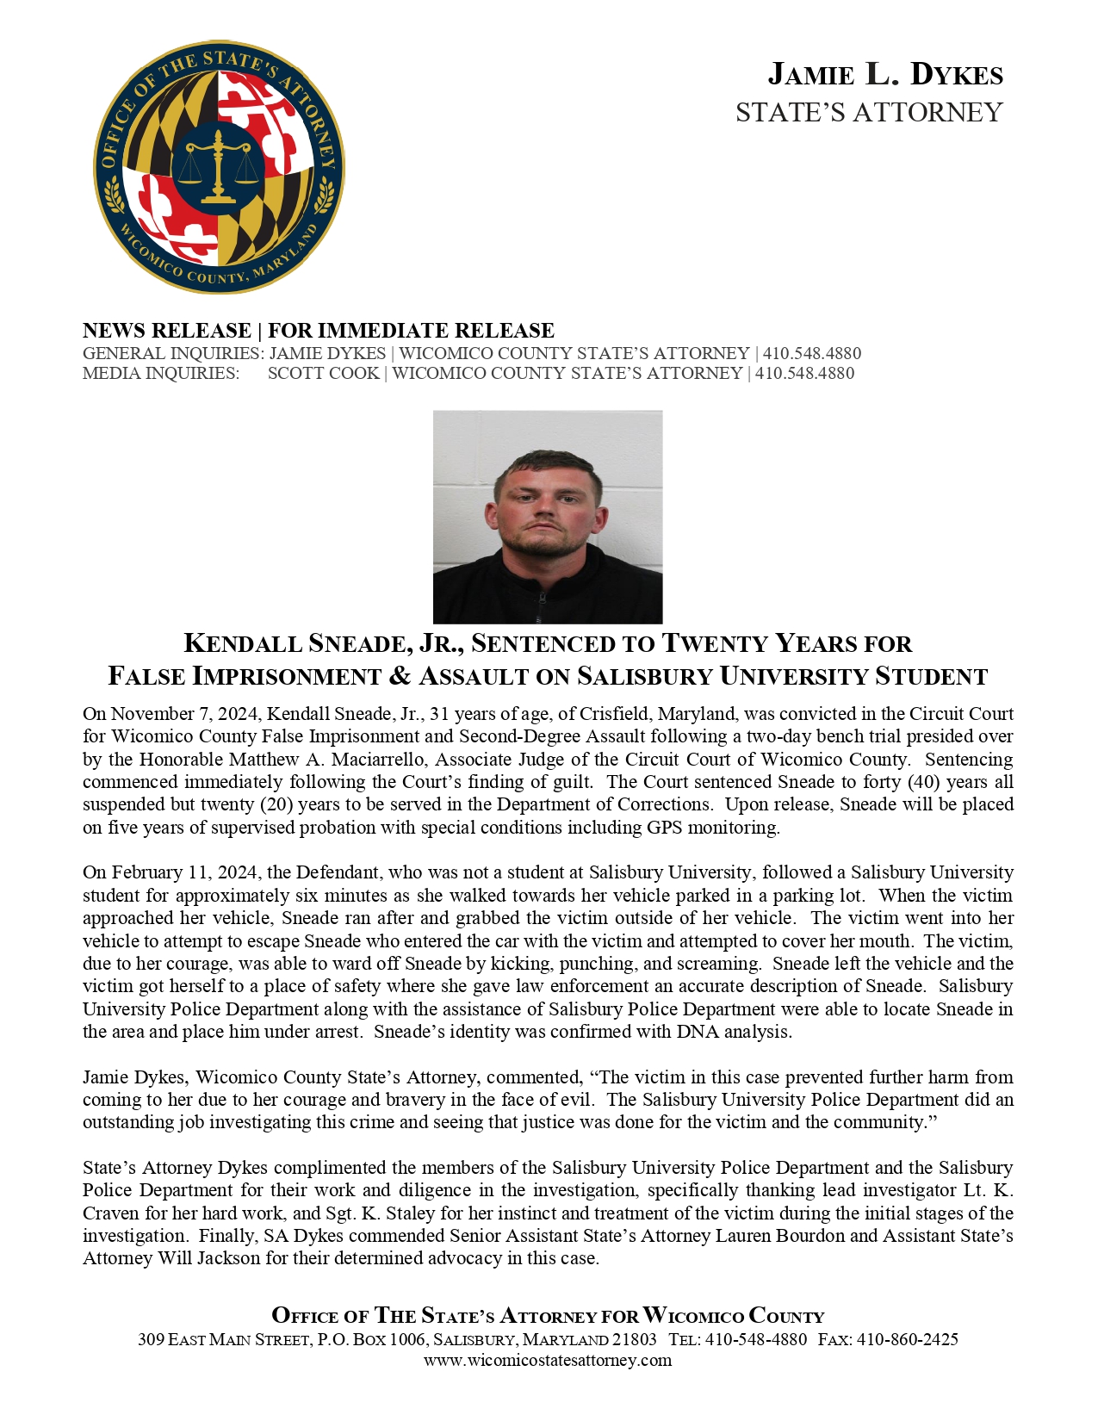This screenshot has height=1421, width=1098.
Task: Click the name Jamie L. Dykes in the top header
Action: pyautogui.click(x=884, y=75)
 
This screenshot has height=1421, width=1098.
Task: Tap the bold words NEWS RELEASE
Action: pyautogui.click(x=166, y=331)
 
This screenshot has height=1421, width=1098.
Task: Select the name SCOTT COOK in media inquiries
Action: pyautogui.click(x=323, y=374)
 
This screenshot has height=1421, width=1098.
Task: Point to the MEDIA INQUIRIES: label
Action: pyautogui.click(x=161, y=374)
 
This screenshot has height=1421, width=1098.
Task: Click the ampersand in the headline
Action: pyautogui.click(x=400, y=676)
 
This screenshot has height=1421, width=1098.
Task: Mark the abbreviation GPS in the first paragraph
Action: pyautogui.click(x=666, y=828)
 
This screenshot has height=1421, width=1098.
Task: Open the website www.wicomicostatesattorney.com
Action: pyautogui.click(x=548, y=1360)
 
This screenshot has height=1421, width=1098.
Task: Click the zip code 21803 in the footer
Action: pyautogui.click(x=634, y=1339)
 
